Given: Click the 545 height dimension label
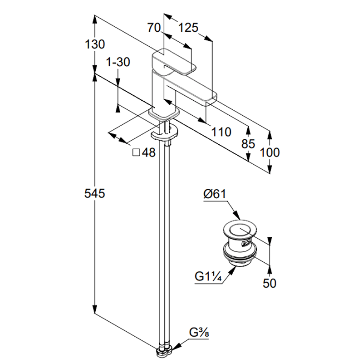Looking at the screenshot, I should [x=95, y=194].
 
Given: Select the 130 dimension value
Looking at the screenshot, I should [x=95, y=44].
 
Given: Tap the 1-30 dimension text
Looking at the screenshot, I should [x=118, y=63].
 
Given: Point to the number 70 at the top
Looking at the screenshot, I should [x=155, y=28].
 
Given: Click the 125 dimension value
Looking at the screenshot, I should [x=188, y=28].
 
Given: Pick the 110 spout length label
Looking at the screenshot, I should [x=221, y=132].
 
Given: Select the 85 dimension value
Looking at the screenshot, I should [x=248, y=145].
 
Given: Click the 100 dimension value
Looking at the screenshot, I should [x=270, y=152].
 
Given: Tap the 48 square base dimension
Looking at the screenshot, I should [x=149, y=153].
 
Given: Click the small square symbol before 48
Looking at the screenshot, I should [x=136, y=153].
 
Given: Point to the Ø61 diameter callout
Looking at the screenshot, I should [x=215, y=195].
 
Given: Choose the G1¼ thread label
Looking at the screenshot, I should [x=208, y=276].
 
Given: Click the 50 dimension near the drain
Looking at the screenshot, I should [x=270, y=283].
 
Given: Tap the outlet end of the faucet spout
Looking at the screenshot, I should [x=211, y=97].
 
